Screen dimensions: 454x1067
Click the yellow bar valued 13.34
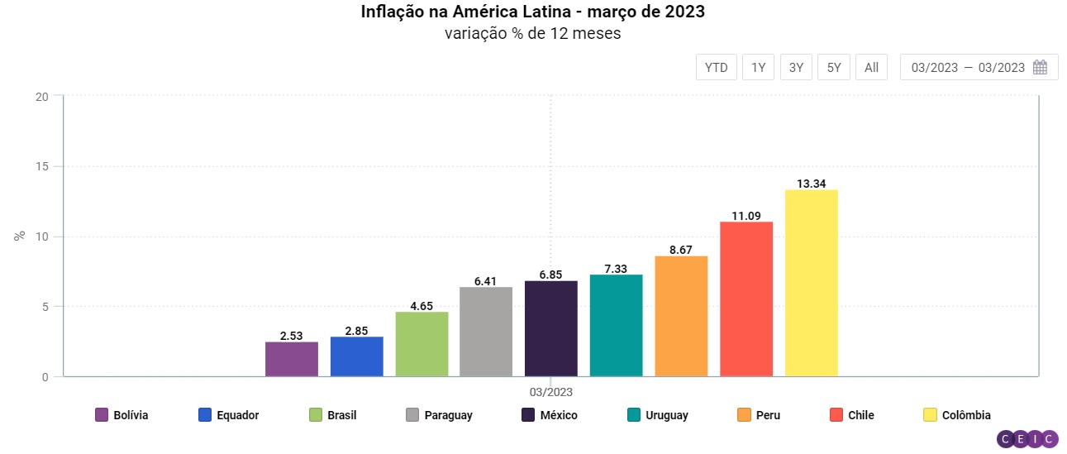[x=811, y=283]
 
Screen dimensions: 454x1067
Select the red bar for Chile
[x=746, y=299]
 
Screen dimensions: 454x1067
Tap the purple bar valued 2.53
[x=292, y=359]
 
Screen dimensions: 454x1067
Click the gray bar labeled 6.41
[x=486, y=332]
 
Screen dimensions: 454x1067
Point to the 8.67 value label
[x=681, y=249]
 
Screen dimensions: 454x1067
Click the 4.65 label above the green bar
[x=422, y=305]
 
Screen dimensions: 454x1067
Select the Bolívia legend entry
[x=122, y=415]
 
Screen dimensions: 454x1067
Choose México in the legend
[x=550, y=415]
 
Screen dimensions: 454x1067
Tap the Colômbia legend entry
[x=957, y=415]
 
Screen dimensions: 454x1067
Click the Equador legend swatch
[x=207, y=415]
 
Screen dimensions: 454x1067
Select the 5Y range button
[x=834, y=68]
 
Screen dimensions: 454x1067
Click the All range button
[x=871, y=68]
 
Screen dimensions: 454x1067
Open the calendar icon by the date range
[x=1041, y=68]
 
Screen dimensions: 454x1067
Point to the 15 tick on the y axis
[x=44, y=166]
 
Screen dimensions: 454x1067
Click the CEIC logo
[x=1027, y=440]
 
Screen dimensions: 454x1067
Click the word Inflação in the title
[x=392, y=12]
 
